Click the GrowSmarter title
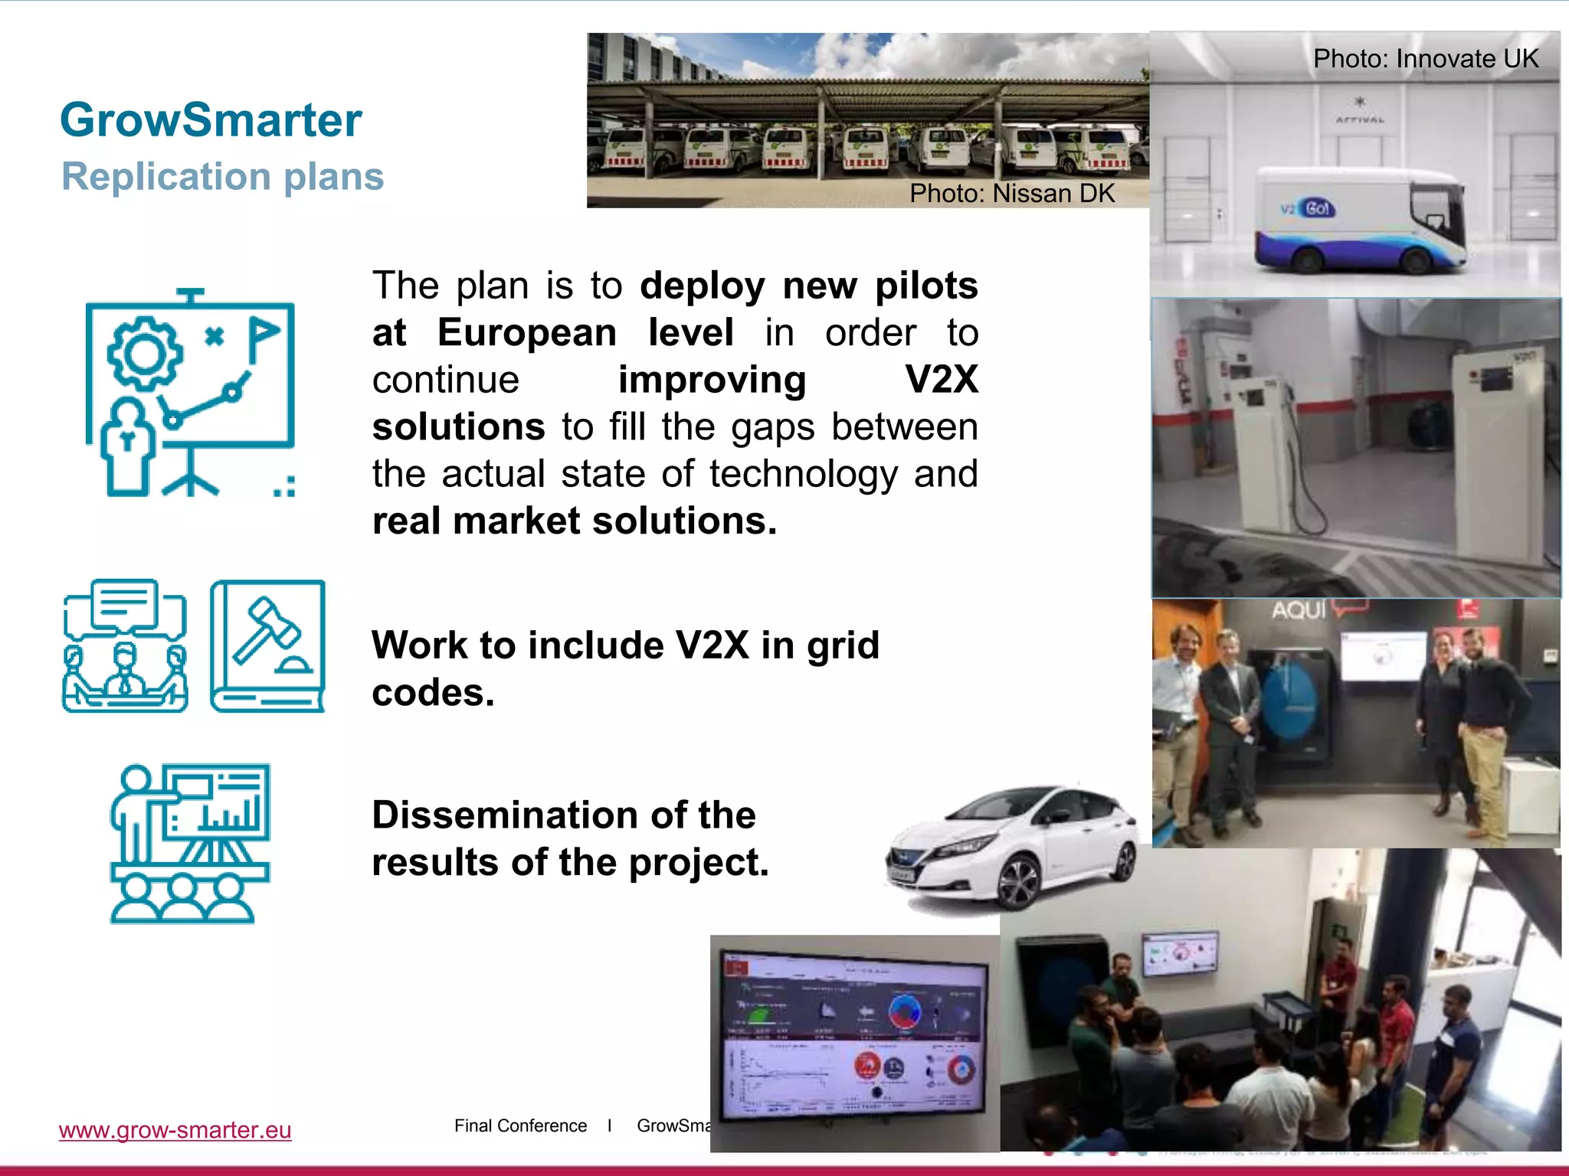click(211, 120)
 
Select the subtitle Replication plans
click(222, 177)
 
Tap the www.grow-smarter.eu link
click(175, 1130)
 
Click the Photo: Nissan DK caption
click(1011, 193)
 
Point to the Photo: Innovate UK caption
click(1425, 59)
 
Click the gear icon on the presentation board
click(144, 354)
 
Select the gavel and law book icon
click(267, 645)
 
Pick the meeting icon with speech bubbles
click(125, 645)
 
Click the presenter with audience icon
click(190, 843)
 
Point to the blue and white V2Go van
click(1359, 221)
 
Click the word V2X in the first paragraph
click(941, 380)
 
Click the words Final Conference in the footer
click(520, 1125)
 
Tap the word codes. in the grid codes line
click(433, 693)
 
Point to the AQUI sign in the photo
click(1298, 610)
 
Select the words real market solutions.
click(575, 521)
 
